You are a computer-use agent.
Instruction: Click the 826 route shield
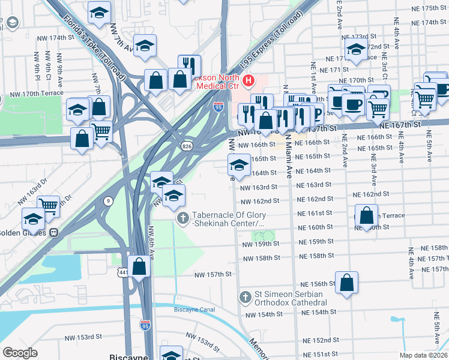(187, 146)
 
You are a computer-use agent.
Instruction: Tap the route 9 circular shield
(109, 200)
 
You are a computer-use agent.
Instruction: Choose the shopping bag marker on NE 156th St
(347, 283)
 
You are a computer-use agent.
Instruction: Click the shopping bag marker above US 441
(139, 267)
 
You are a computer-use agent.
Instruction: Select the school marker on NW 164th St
(239, 165)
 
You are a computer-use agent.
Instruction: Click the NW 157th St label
(212, 274)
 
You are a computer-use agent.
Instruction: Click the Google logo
(20, 352)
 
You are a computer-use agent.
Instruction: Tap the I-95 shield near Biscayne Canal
(145, 325)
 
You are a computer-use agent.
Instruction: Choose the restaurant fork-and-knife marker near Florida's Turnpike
(189, 65)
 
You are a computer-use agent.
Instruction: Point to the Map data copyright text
(423, 354)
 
